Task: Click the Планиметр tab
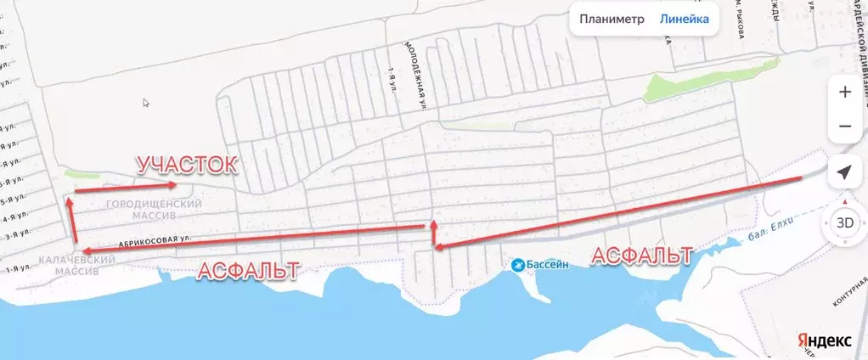click(612, 20)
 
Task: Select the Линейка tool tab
click(685, 20)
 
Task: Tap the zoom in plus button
click(844, 92)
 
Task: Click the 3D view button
click(844, 222)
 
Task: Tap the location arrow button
click(844, 172)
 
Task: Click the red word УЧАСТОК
click(186, 165)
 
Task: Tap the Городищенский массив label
click(155, 210)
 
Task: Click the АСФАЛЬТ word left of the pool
click(247, 271)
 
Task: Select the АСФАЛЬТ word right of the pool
click(640, 256)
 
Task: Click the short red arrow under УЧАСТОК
click(125, 188)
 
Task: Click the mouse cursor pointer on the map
click(146, 104)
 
